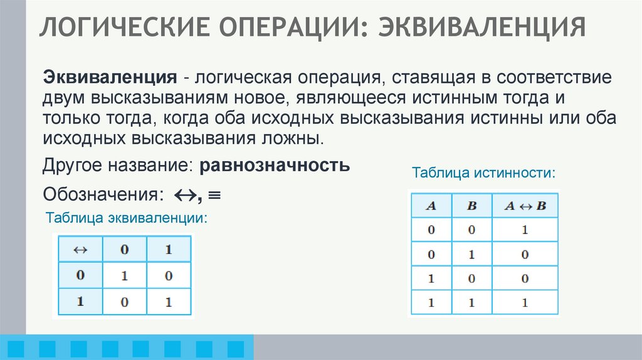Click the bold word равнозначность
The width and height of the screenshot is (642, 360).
[275, 167]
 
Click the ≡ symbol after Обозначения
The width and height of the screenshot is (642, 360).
[213, 195]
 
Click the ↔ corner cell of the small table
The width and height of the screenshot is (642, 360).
[80, 249]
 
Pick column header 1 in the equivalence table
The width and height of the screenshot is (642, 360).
[168, 249]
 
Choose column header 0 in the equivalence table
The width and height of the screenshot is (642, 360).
[125, 249]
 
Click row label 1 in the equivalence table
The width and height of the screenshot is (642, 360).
[80, 300]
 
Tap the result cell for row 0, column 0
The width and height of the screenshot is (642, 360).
[125, 275]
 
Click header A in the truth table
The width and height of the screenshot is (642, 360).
[431, 205]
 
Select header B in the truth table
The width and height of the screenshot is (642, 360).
[471, 205]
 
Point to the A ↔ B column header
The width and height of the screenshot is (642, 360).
[525, 205]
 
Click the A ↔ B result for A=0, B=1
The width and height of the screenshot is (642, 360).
[525, 254]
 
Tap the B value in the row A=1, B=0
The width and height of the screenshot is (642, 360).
[471, 278]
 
